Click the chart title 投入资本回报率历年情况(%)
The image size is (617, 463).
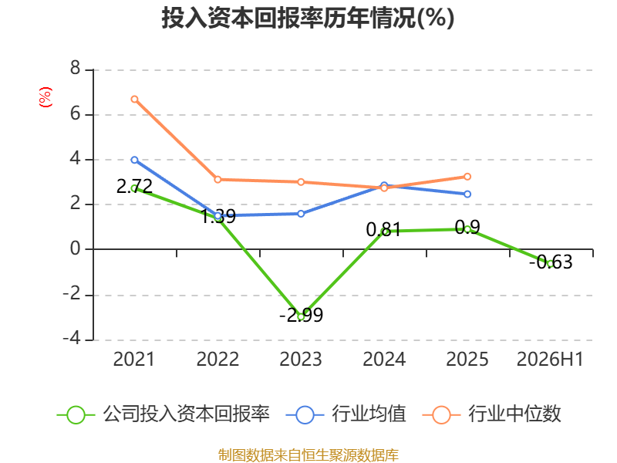coord(308,19)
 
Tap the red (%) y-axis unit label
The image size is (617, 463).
coord(46,97)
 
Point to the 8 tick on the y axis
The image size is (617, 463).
coord(75,69)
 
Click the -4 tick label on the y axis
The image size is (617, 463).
coord(72,338)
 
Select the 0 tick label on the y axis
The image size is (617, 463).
coord(75,248)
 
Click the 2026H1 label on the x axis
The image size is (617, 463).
coord(550,360)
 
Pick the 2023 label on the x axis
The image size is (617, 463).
coord(301,360)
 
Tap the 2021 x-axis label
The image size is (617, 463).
coord(134,360)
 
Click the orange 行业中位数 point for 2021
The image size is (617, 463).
coord(134,100)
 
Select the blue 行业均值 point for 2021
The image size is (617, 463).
coord(134,160)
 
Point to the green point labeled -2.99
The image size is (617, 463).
coord(301,316)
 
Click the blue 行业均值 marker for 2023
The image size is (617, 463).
coord(301,214)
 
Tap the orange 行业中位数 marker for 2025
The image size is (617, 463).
coord(467,177)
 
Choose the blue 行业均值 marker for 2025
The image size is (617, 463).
coord(467,194)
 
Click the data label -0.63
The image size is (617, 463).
coord(551,262)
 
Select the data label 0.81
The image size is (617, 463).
coord(383,229)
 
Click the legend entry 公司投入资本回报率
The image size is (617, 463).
coord(164,414)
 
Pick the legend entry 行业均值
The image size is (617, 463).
coord(346,414)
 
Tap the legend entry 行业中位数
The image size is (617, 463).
coord(492,414)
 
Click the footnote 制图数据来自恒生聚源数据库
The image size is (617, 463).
coord(308,455)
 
